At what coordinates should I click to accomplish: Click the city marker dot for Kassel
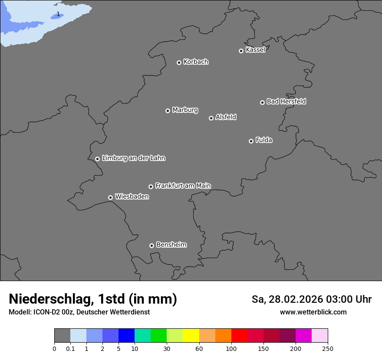click(241, 51)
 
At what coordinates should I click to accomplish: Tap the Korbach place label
click(196, 62)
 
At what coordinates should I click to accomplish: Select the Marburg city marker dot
click(168, 111)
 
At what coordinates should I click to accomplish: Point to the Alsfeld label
click(226, 117)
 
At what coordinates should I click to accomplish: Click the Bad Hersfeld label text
click(286, 101)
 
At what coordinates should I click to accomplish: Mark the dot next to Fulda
click(251, 141)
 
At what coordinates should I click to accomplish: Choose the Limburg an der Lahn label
click(133, 158)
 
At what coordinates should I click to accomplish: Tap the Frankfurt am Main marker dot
click(151, 187)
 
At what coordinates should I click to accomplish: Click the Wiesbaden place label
click(132, 197)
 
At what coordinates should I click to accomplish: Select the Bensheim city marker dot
click(151, 245)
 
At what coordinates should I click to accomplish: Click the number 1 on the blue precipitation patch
click(58, 14)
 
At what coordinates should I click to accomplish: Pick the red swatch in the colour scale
click(239, 336)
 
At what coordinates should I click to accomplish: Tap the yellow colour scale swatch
click(191, 336)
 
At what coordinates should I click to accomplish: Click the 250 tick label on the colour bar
click(328, 349)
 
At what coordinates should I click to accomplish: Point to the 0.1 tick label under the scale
click(70, 349)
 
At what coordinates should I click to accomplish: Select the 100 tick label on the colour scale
click(231, 349)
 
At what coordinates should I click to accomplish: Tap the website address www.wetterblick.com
click(313, 312)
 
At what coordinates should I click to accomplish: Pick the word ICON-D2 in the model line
click(46, 312)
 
